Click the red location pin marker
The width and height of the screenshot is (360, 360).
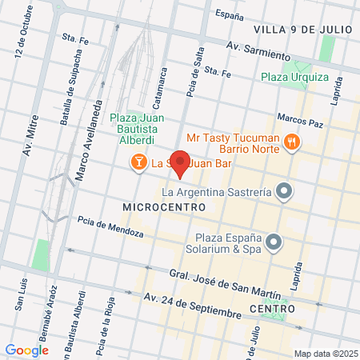pyautogui.click(x=181, y=163)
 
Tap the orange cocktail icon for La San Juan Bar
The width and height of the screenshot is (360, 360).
pyautogui.click(x=139, y=163)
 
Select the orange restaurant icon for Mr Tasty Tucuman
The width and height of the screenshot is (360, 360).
pyautogui.click(x=292, y=142)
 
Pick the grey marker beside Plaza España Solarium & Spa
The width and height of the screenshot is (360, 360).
pyautogui.click(x=274, y=241)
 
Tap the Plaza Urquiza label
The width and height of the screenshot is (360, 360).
pyautogui.click(x=294, y=78)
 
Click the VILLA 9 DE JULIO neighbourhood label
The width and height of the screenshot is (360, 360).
pyautogui.click(x=302, y=30)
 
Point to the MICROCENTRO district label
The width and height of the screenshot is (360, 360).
pyautogui.click(x=163, y=206)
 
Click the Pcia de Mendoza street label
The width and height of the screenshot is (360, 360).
pyautogui.click(x=110, y=227)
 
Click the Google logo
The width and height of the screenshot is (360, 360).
pyautogui.click(x=26, y=350)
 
